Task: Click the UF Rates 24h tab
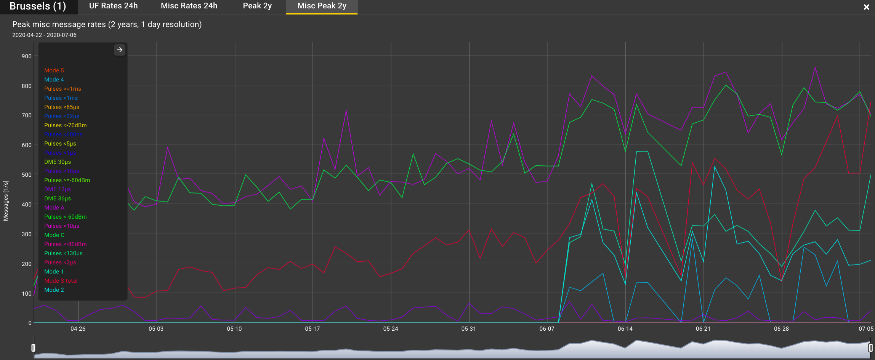pos(113,6)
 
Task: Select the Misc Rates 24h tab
pos(189,6)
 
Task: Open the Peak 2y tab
pos(257,6)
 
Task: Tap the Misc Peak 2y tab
pos(322,6)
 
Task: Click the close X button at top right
pos(866,7)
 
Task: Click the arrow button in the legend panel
pos(120,50)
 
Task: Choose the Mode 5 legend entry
pos(54,70)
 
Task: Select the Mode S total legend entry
pos(61,281)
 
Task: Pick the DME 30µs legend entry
pos(58,162)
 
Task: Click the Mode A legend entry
pos(54,208)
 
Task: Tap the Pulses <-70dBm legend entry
pos(66,125)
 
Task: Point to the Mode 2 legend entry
pos(54,290)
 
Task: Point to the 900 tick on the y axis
pos(27,56)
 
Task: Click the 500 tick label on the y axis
pos(27,175)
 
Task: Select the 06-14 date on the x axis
pos(625,329)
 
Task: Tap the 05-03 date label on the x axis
pos(156,329)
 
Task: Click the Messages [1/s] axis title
pos(6,201)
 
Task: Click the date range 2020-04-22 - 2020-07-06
pos(44,35)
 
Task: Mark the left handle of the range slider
pos(34,347)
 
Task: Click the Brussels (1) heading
pos(38,6)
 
